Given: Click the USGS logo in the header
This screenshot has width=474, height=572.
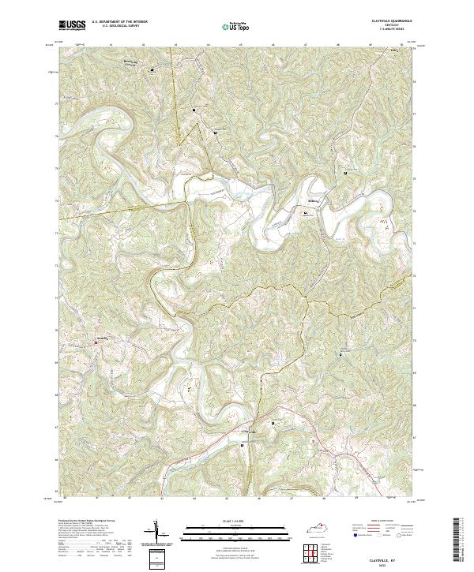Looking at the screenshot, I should click(73, 25).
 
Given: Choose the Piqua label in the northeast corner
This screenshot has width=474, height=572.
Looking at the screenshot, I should click(393, 53).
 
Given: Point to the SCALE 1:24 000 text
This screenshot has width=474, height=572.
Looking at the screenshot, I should click(236, 520).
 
